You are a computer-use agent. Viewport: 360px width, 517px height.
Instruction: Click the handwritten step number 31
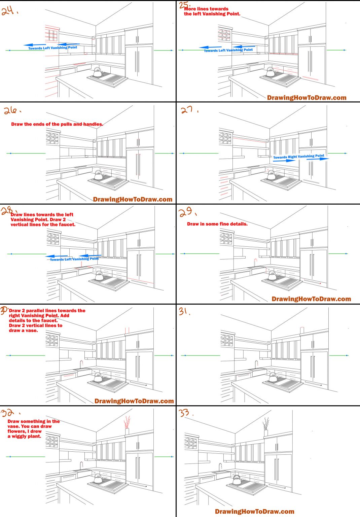point(184,311)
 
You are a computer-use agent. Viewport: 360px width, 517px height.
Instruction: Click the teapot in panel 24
point(97,72)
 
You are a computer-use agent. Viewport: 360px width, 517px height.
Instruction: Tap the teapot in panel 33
point(237,480)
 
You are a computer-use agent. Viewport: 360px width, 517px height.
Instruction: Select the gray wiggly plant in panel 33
point(266,423)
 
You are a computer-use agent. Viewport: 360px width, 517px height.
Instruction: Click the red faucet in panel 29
point(255,262)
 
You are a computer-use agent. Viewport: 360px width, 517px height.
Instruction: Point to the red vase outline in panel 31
point(302,330)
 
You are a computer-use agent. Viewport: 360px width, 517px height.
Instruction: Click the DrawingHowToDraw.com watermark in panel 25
point(307,98)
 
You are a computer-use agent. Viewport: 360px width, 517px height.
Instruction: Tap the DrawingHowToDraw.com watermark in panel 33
point(254,511)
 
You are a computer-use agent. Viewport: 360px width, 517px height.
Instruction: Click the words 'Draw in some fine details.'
point(217,224)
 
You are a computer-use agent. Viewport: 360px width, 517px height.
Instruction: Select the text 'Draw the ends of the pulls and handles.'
point(57,124)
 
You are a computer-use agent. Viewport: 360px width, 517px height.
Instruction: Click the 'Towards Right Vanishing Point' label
point(298,157)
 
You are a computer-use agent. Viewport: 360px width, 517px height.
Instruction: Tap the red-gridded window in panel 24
point(51,35)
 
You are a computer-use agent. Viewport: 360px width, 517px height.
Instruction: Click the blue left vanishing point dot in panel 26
point(11,153)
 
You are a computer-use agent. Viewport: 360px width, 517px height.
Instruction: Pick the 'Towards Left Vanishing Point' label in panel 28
point(74,259)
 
